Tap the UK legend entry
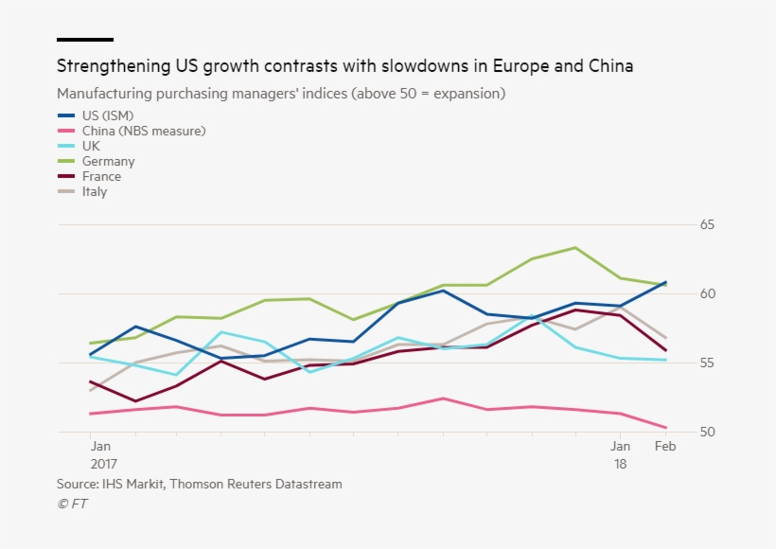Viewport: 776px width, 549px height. (91, 146)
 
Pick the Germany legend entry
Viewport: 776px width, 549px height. (108, 161)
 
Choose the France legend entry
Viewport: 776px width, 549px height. (101, 176)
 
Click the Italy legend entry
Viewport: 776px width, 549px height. (95, 191)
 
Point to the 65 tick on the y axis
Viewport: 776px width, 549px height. (707, 225)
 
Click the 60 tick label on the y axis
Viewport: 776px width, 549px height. (707, 293)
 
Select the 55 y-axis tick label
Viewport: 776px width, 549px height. (707, 363)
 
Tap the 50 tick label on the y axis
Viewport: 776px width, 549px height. (707, 432)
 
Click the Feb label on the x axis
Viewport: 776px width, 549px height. (665, 446)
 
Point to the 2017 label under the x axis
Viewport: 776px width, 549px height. (104, 464)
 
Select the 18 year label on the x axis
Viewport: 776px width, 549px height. (621, 464)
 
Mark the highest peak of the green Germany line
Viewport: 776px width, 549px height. (575, 247)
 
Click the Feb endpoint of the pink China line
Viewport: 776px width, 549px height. (665, 427)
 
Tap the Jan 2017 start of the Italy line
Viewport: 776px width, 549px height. (90, 390)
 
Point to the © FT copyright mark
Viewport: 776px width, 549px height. (72, 504)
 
